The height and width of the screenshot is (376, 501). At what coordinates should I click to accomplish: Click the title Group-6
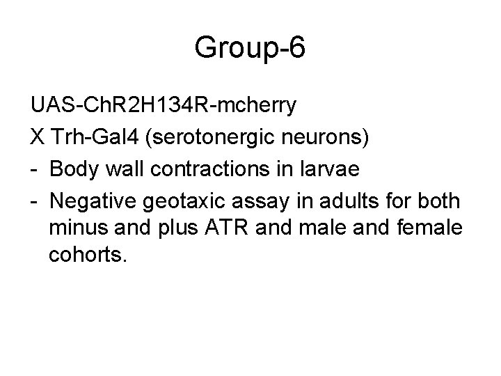click(x=250, y=48)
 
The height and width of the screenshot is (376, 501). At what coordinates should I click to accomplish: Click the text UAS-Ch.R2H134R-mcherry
click(x=164, y=106)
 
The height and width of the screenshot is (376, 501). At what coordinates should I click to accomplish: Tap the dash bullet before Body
click(x=35, y=170)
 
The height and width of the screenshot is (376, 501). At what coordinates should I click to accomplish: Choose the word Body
click(x=77, y=170)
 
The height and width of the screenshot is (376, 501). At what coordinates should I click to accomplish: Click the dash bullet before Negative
click(x=35, y=201)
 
